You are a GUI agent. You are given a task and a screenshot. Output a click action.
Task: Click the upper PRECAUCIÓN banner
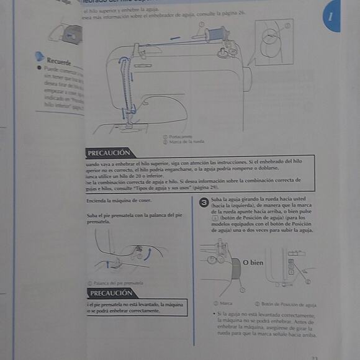pos(109,152)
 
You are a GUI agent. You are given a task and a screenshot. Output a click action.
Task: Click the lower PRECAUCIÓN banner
pos(110,293)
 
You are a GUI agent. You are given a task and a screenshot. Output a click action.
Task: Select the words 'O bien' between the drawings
pos(253,263)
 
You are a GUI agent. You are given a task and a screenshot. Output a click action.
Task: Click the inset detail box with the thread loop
pos(274,42)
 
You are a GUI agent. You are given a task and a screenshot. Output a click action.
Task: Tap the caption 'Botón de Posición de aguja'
pos(289,304)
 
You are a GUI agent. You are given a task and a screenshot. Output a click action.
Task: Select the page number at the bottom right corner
pos(314,357)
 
